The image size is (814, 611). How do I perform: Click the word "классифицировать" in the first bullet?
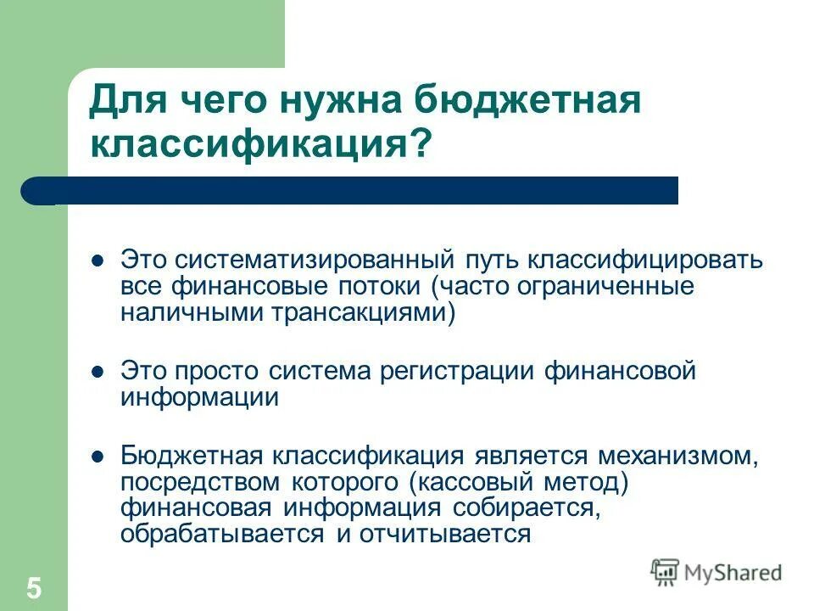[x=647, y=260]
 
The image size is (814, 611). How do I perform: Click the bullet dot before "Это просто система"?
[x=98, y=371]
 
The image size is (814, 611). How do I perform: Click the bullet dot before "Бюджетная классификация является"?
[x=98, y=455]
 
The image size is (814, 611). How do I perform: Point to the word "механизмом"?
[x=676, y=455]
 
